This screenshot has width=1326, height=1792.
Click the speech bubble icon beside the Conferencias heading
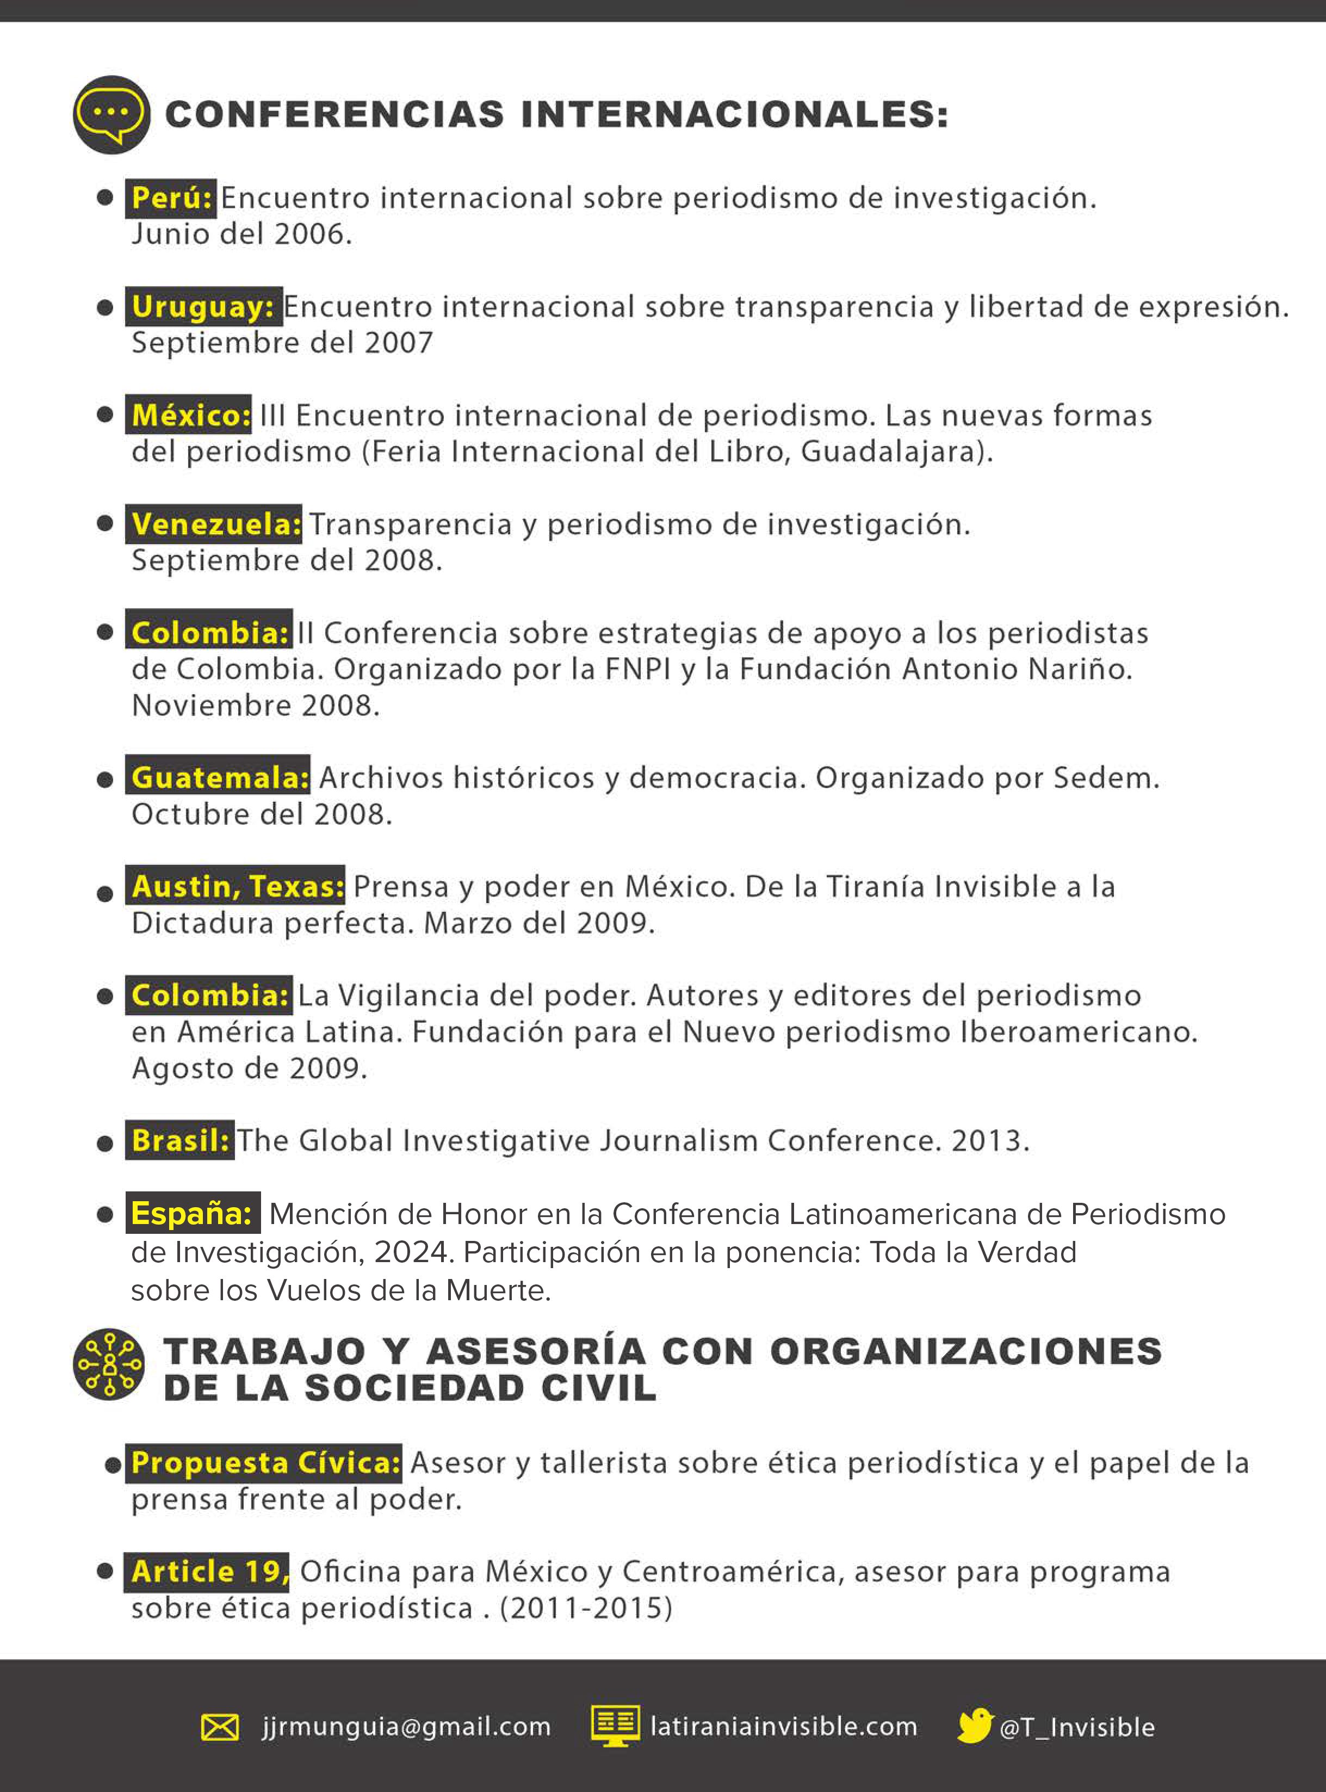[x=111, y=114]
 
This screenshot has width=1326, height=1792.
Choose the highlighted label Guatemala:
[x=218, y=777]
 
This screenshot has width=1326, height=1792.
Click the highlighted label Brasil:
[x=180, y=1140]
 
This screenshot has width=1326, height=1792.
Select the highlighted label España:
[x=193, y=1213]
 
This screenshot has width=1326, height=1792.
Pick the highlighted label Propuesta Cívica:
[x=265, y=1463]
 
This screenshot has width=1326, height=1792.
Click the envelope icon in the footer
[x=219, y=1727]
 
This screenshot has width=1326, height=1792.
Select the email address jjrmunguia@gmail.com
[x=406, y=1727]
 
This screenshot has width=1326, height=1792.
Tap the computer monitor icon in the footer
[x=616, y=1726]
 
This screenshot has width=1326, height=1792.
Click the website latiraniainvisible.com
[x=783, y=1727]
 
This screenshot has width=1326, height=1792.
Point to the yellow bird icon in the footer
[x=975, y=1726]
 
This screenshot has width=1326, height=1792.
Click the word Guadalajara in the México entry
[x=890, y=452]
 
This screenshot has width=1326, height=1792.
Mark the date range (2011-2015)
[x=586, y=1608]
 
